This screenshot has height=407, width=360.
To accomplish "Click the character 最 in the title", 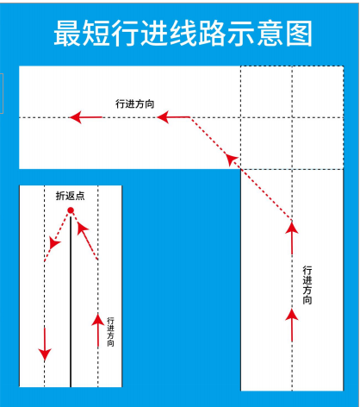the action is pyautogui.click(x=67, y=34).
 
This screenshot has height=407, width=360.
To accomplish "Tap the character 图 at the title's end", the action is pyautogui.click(x=299, y=34).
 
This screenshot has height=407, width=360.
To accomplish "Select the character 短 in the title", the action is pyautogui.click(x=96, y=34).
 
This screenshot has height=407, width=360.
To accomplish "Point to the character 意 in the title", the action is pyautogui.click(x=270, y=34).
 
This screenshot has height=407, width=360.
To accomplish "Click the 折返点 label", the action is pyautogui.click(x=71, y=196).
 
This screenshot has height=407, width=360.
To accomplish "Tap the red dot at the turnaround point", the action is pyautogui.click(x=71, y=210).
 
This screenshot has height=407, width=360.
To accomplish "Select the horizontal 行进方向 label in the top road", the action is pyautogui.click(x=135, y=103).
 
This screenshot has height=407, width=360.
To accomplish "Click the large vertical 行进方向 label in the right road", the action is pyautogui.click(x=307, y=285).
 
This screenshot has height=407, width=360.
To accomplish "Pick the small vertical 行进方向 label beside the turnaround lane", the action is pyautogui.click(x=110, y=332).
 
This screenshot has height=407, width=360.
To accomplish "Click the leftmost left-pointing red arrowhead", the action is pyautogui.click(x=76, y=117).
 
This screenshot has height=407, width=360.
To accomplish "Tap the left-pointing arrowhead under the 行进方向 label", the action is pyautogui.click(x=163, y=117).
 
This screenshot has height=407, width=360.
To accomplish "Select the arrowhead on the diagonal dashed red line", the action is pyautogui.click(x=231, y=159).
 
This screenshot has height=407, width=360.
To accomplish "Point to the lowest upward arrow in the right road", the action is pyautogui.click(x=292, y=325).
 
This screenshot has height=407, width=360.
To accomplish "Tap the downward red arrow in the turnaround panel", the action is pyautogui.click(x=45, y=344).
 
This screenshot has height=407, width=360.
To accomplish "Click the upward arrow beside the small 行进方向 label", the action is pyautogui.click(x=98, y=330).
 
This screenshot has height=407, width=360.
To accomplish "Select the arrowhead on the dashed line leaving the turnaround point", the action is pyautogui.click(x=54, y=243).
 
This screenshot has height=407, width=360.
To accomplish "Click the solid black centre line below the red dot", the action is pyautogui.click(x=71, y=301).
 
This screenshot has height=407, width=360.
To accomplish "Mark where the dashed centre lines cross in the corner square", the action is pyautogui.click(x=292, y=117).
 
